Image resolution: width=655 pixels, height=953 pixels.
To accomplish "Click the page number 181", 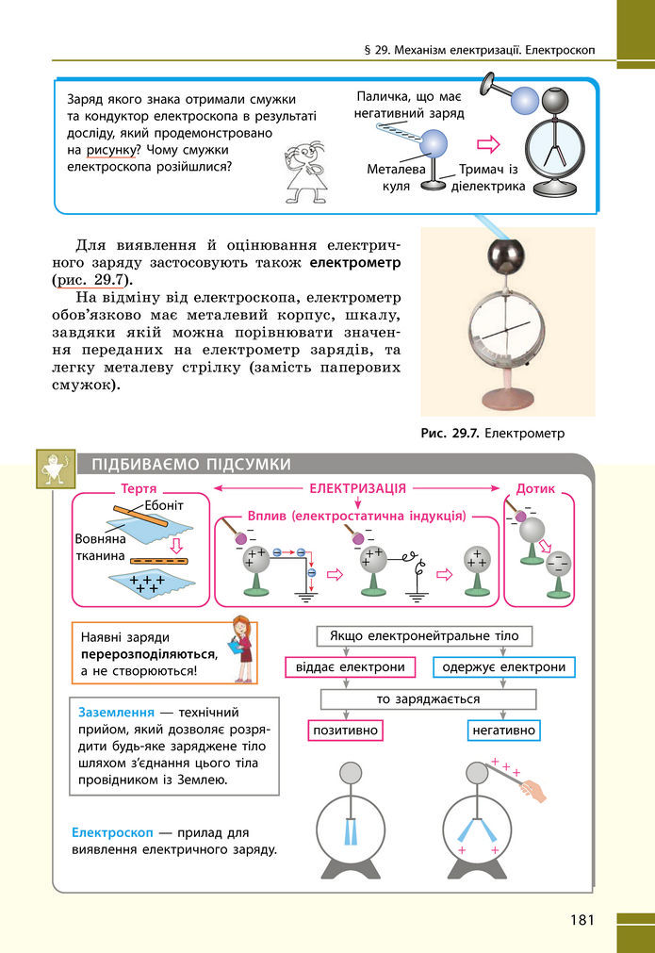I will click(x=580, y=919).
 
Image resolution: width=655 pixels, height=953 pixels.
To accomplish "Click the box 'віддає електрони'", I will click(x=350, y=667).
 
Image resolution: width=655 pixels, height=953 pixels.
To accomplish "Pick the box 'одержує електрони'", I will click(x=504, y=667).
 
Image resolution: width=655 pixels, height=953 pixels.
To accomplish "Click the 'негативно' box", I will click(x=502, y=731).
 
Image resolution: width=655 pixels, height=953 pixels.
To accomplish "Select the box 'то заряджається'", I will click(x=428, y=699).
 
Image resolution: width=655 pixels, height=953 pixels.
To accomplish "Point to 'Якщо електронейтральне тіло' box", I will click(x=424, y=636).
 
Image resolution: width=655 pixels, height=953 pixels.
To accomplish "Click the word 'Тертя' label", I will click(x=139, y=490).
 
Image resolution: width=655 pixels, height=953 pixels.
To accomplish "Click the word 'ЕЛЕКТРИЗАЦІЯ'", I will click(x=358, y=489).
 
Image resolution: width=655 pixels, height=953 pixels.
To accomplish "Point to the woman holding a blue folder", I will click(x=242, y=649).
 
